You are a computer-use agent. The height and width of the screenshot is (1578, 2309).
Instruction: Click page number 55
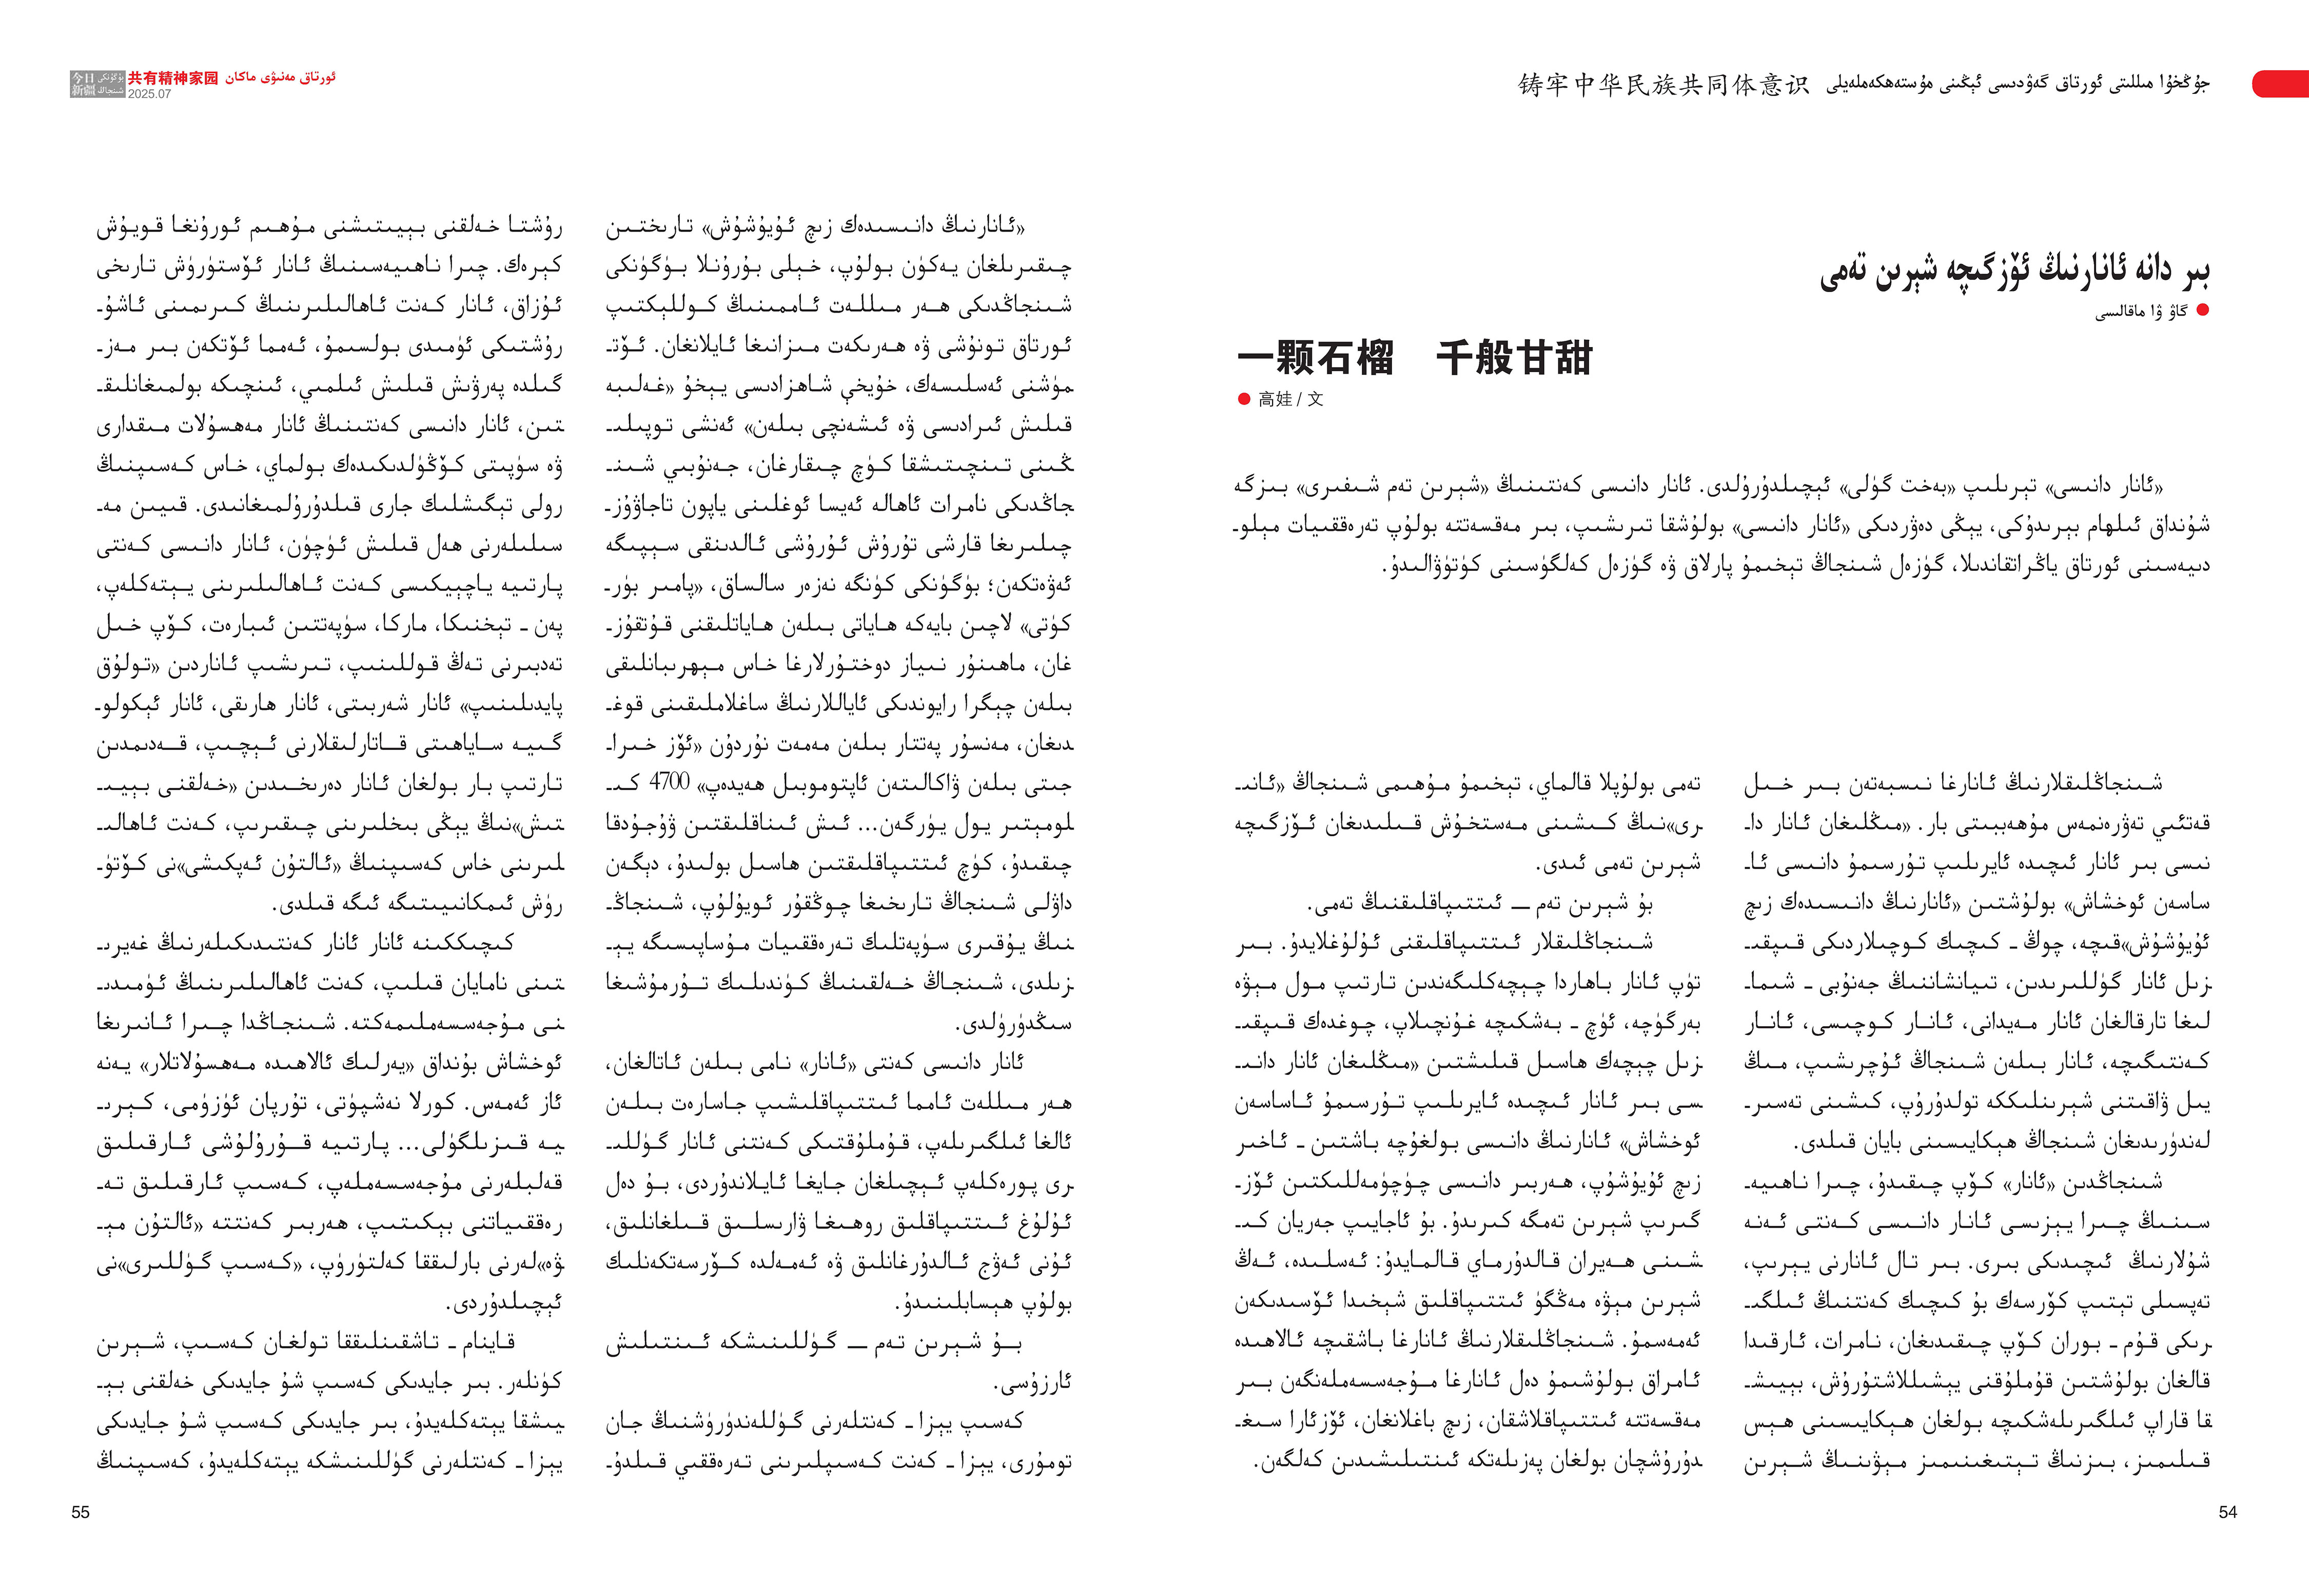click(81, 1511)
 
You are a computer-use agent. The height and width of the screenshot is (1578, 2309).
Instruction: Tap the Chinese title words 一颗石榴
click(1316, 358)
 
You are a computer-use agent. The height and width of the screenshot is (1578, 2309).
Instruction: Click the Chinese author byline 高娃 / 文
click(1289, 399)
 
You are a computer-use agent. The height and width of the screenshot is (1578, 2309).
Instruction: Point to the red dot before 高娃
click(1244, 399)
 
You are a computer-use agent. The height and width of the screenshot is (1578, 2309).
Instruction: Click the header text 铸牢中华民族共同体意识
click(1664, 85)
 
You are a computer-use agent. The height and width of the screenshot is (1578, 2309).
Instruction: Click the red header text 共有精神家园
click(173, 78)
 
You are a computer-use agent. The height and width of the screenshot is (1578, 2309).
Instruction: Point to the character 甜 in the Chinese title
click(1574, 358)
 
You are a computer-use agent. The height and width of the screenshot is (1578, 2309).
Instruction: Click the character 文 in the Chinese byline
click(1316, 399)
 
